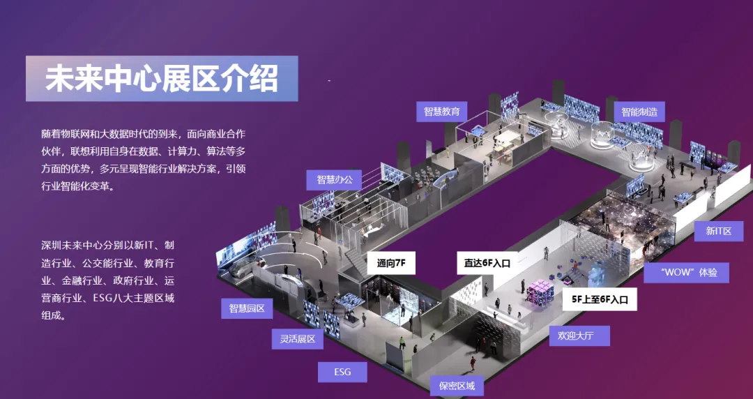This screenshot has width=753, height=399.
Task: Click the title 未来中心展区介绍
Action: click(162, 79)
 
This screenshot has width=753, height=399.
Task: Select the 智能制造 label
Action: click(639, 112)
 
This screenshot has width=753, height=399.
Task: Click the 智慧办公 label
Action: click(335, 179)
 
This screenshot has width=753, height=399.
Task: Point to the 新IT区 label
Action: click(718, 231)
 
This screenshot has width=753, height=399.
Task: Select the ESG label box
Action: click(342, 372)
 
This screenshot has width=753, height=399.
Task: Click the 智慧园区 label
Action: click(247, 308)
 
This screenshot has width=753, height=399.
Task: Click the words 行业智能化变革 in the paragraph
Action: click(77, 187)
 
